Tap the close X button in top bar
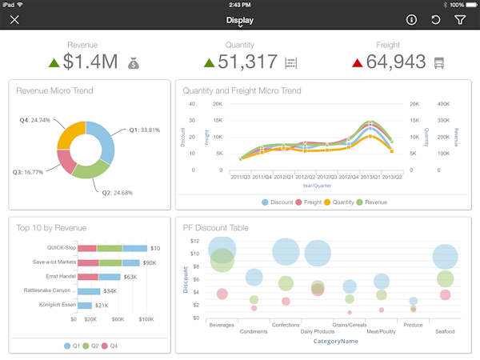[14, 20]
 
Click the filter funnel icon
[461, 20]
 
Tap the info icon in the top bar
[411, 20]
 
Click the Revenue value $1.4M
[90, 62]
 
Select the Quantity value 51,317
[240, 62]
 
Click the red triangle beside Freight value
[358, 62]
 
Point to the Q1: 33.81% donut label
[144, 130]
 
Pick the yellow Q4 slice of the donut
[70, 132]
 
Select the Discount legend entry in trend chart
[278, 202]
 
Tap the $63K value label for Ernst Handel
[130, 277]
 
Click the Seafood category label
[445, 331]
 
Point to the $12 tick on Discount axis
[194, 241]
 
